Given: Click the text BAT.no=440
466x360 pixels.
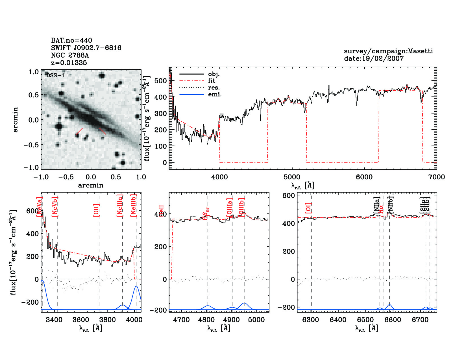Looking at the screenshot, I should tap(71, 40).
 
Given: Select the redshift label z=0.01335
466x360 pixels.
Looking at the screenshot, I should tap(69, 63).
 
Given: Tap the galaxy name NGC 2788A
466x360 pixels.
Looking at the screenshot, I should tap(70, 55).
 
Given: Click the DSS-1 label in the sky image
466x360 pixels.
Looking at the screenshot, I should tap(55, 75).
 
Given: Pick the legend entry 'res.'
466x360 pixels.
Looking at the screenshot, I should tap(214, 88).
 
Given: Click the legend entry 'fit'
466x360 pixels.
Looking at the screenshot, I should tap(212, 81).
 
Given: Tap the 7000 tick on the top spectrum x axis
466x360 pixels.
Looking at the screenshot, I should tap(436, 177).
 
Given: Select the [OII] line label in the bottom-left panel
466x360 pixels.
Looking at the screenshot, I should tap(96, 210).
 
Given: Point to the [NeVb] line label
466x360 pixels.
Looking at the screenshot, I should tap(55, 207).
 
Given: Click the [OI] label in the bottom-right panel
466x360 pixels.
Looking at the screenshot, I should tap(308, 208).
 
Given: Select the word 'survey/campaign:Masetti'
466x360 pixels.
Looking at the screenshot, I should tap(388, 51).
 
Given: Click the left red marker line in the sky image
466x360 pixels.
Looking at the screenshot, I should tap(79, 131).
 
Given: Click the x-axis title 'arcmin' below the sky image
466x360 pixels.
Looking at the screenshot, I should tap(91, 185).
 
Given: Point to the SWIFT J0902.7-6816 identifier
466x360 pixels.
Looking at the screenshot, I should tap(86, 48).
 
